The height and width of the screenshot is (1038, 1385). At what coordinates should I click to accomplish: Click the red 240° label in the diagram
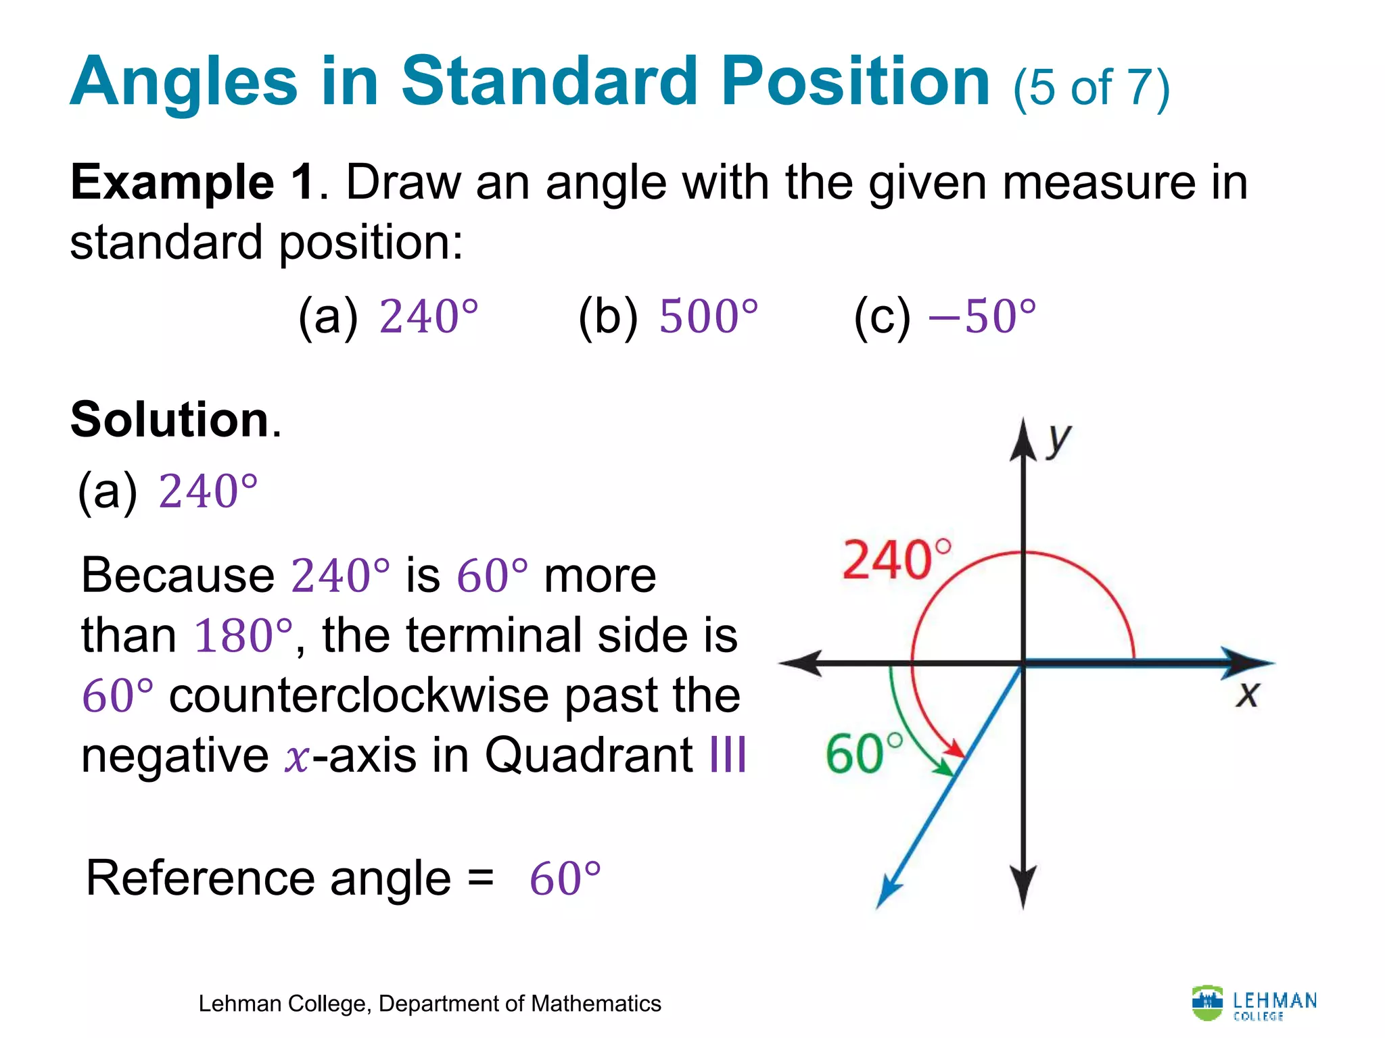[896, 560]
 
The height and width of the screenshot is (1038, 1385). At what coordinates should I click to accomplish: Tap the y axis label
[1059, 441]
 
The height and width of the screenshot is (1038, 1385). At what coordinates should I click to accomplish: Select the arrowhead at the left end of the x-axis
[801, 663]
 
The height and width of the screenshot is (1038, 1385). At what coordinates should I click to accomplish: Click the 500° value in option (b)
[708, 316]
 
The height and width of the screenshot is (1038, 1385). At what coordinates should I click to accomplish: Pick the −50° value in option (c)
[982, 316]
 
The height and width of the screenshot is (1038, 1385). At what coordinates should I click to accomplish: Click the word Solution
[170, 420]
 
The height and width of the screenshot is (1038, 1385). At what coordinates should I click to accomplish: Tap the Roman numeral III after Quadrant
[728, 755]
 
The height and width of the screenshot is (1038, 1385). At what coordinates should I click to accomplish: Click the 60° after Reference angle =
[565, 879]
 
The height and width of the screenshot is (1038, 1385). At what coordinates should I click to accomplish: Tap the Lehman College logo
[1254, 1004]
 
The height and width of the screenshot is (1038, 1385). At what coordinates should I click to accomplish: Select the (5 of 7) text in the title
[1091, 88]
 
